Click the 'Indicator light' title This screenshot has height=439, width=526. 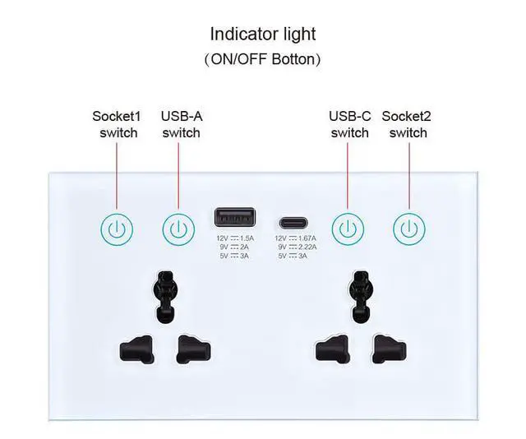(263, 34)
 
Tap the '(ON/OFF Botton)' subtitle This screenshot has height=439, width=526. (263, 59)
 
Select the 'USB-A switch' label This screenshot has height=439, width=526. (181, 124)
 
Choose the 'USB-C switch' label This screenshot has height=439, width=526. (349, 124)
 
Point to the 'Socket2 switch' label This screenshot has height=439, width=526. (408, 124)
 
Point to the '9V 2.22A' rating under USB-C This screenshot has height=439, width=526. (297, 247)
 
